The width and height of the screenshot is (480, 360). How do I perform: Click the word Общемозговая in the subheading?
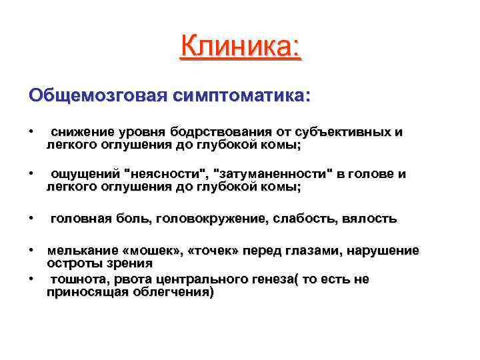click(x=98, y=95)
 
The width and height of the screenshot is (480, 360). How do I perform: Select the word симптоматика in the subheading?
click(x=242, y=95)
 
